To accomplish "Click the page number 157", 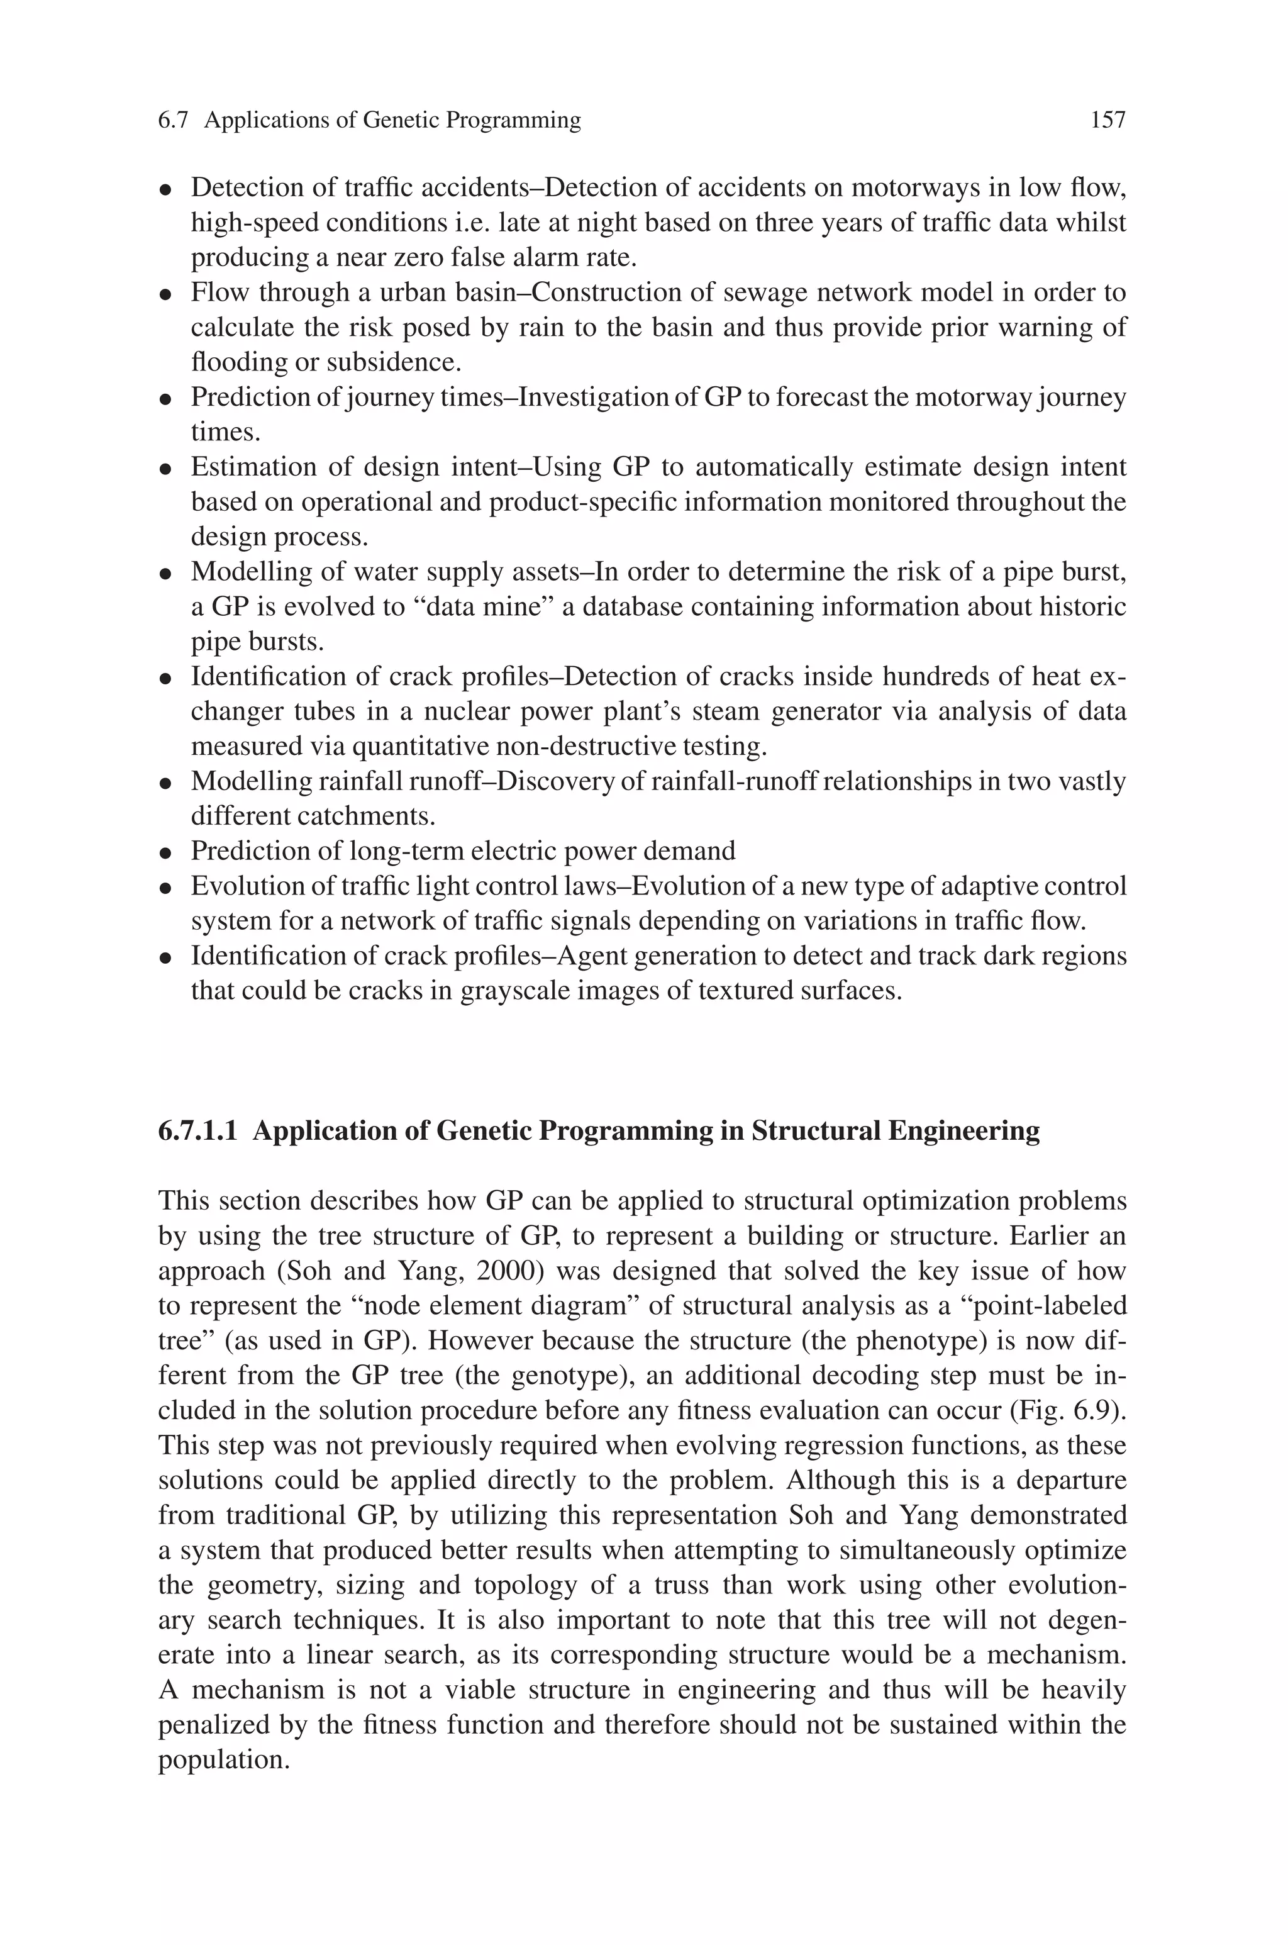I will pyautogui.click(x=1108, y=121).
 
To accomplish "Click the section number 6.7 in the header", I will pyautogui.click(x=174, y=121).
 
